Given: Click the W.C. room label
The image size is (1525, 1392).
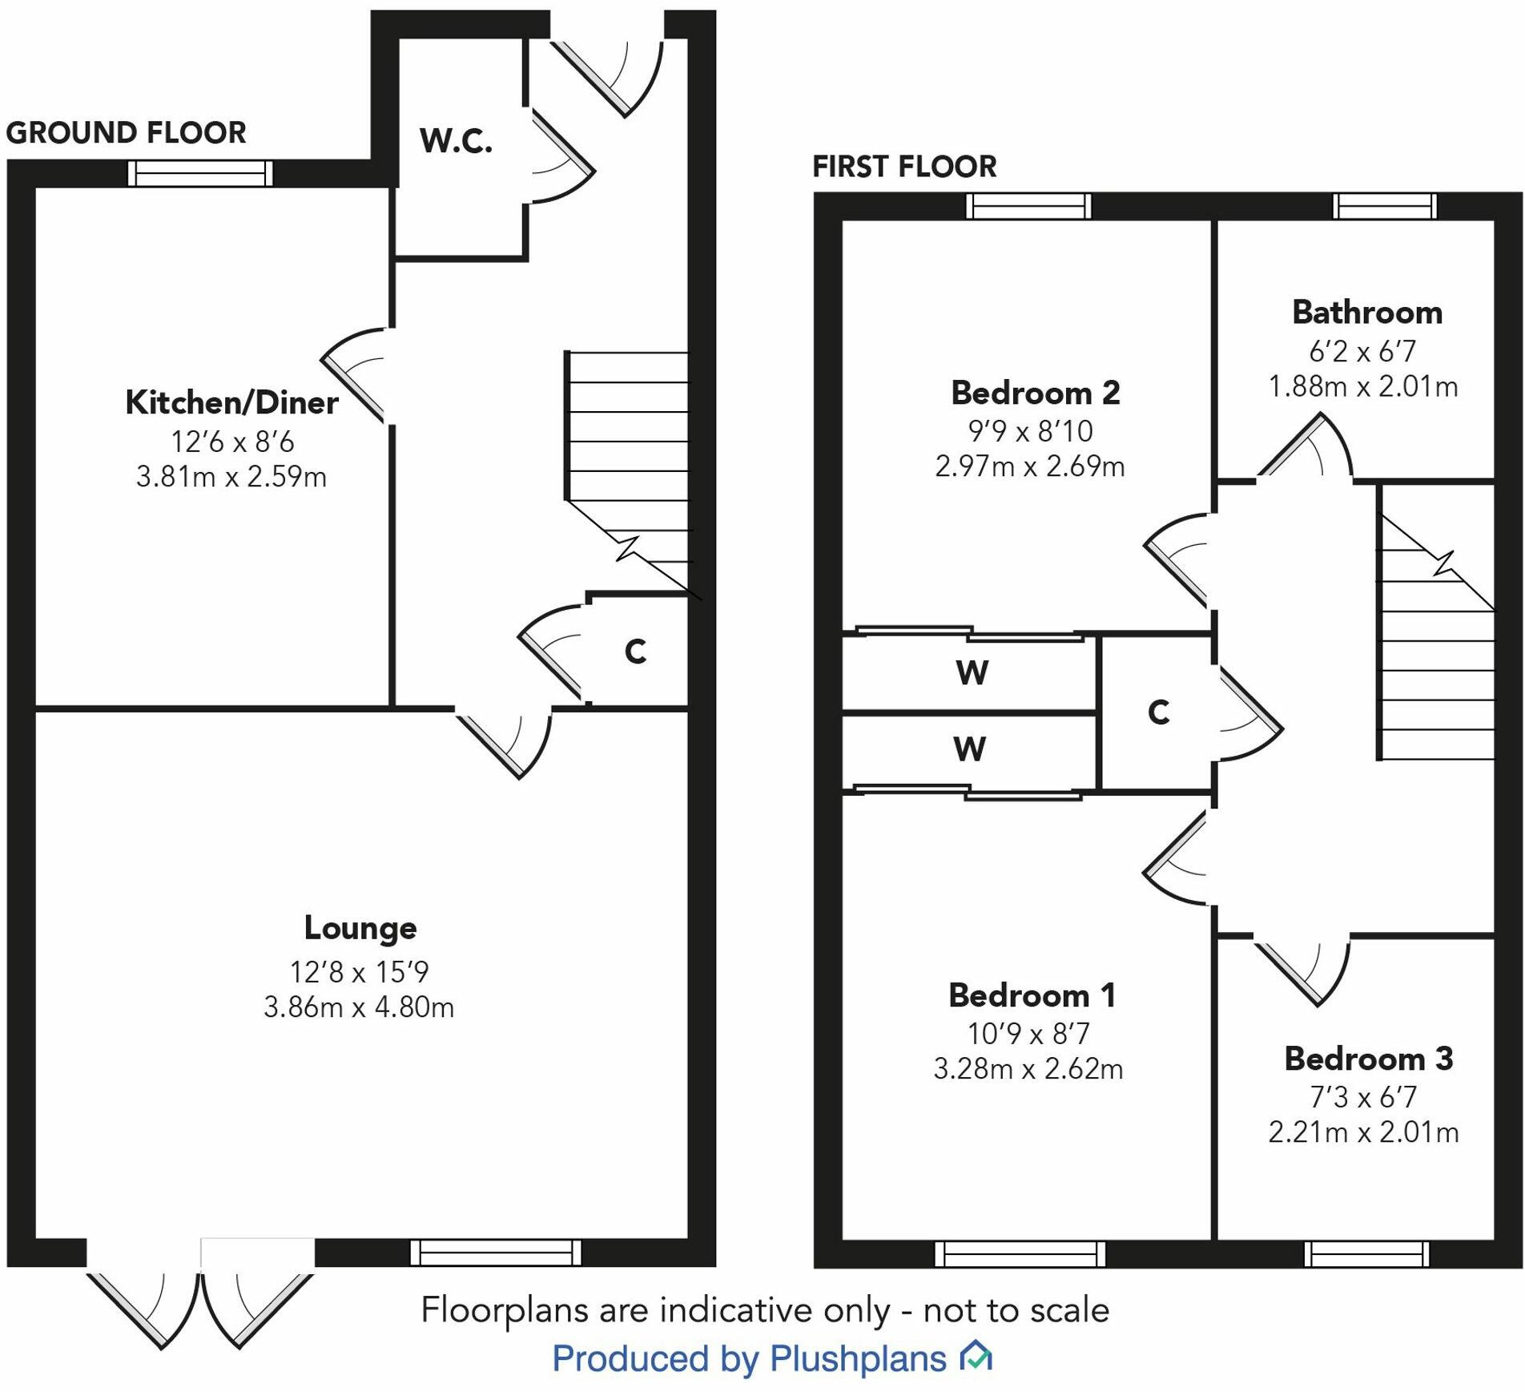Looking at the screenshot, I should tap(456, 141).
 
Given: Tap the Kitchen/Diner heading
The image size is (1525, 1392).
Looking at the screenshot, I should tap(231, 402).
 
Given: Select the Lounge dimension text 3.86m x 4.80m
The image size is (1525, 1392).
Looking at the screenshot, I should tap(359, 1007).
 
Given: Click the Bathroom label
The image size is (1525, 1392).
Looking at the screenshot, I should tap(1367, 313).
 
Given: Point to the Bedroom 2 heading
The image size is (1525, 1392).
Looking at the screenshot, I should tap(1035, 393).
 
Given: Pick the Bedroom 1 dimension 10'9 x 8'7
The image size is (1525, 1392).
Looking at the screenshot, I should tap(1028, 1034).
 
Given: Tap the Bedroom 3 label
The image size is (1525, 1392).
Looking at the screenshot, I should tap(1368, 1059).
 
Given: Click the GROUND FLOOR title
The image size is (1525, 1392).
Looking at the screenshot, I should tap(126, 133).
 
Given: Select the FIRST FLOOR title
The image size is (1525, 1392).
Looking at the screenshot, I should tap(904, 167).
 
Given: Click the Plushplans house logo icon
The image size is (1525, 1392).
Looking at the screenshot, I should tap(976, 1355).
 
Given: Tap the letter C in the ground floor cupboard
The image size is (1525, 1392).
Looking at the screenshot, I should tap(635, 652).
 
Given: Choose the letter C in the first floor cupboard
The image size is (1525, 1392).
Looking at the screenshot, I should tap(1158, 712).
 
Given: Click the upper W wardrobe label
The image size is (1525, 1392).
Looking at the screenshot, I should tap(972, 672).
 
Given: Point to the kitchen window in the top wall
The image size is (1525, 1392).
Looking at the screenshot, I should tap(200, 173).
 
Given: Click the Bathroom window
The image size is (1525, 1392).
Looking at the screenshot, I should tap(1385, 206).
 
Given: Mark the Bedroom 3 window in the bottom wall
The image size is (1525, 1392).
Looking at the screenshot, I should tap(1366, 1253).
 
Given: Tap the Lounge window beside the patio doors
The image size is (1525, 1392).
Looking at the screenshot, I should tap(496, 1252).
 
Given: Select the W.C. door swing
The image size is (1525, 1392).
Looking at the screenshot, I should tap(561, 157).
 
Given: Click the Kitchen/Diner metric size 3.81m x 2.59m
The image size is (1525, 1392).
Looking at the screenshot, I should tap(231, 478).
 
